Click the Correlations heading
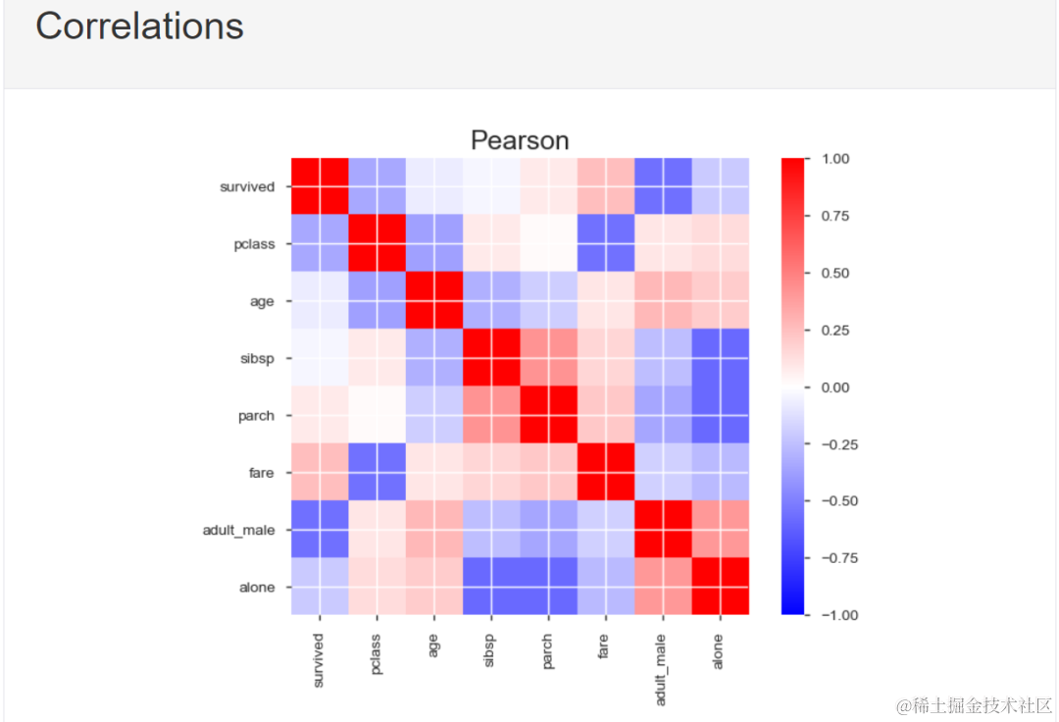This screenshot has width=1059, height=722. [139, 26]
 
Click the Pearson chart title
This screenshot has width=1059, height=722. [520, 140]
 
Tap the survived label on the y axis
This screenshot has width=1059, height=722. [247, 186]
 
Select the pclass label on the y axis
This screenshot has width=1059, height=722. [254, 244]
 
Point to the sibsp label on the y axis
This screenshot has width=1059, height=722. [257, 359]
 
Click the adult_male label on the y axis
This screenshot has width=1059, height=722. [239, 531]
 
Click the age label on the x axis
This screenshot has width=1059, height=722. [433, 644]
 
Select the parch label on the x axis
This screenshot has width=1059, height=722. [548, 648]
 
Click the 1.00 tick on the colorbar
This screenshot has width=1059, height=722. [834, 158]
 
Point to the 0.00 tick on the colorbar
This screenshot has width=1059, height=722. [834, 387]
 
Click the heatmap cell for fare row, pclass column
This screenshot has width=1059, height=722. [377, 473]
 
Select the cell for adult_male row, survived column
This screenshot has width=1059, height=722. [320, 530]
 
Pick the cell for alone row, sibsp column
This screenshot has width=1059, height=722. [491, 587]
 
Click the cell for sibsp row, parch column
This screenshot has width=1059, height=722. [548, 358]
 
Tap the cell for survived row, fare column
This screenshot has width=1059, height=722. [606, 186]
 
